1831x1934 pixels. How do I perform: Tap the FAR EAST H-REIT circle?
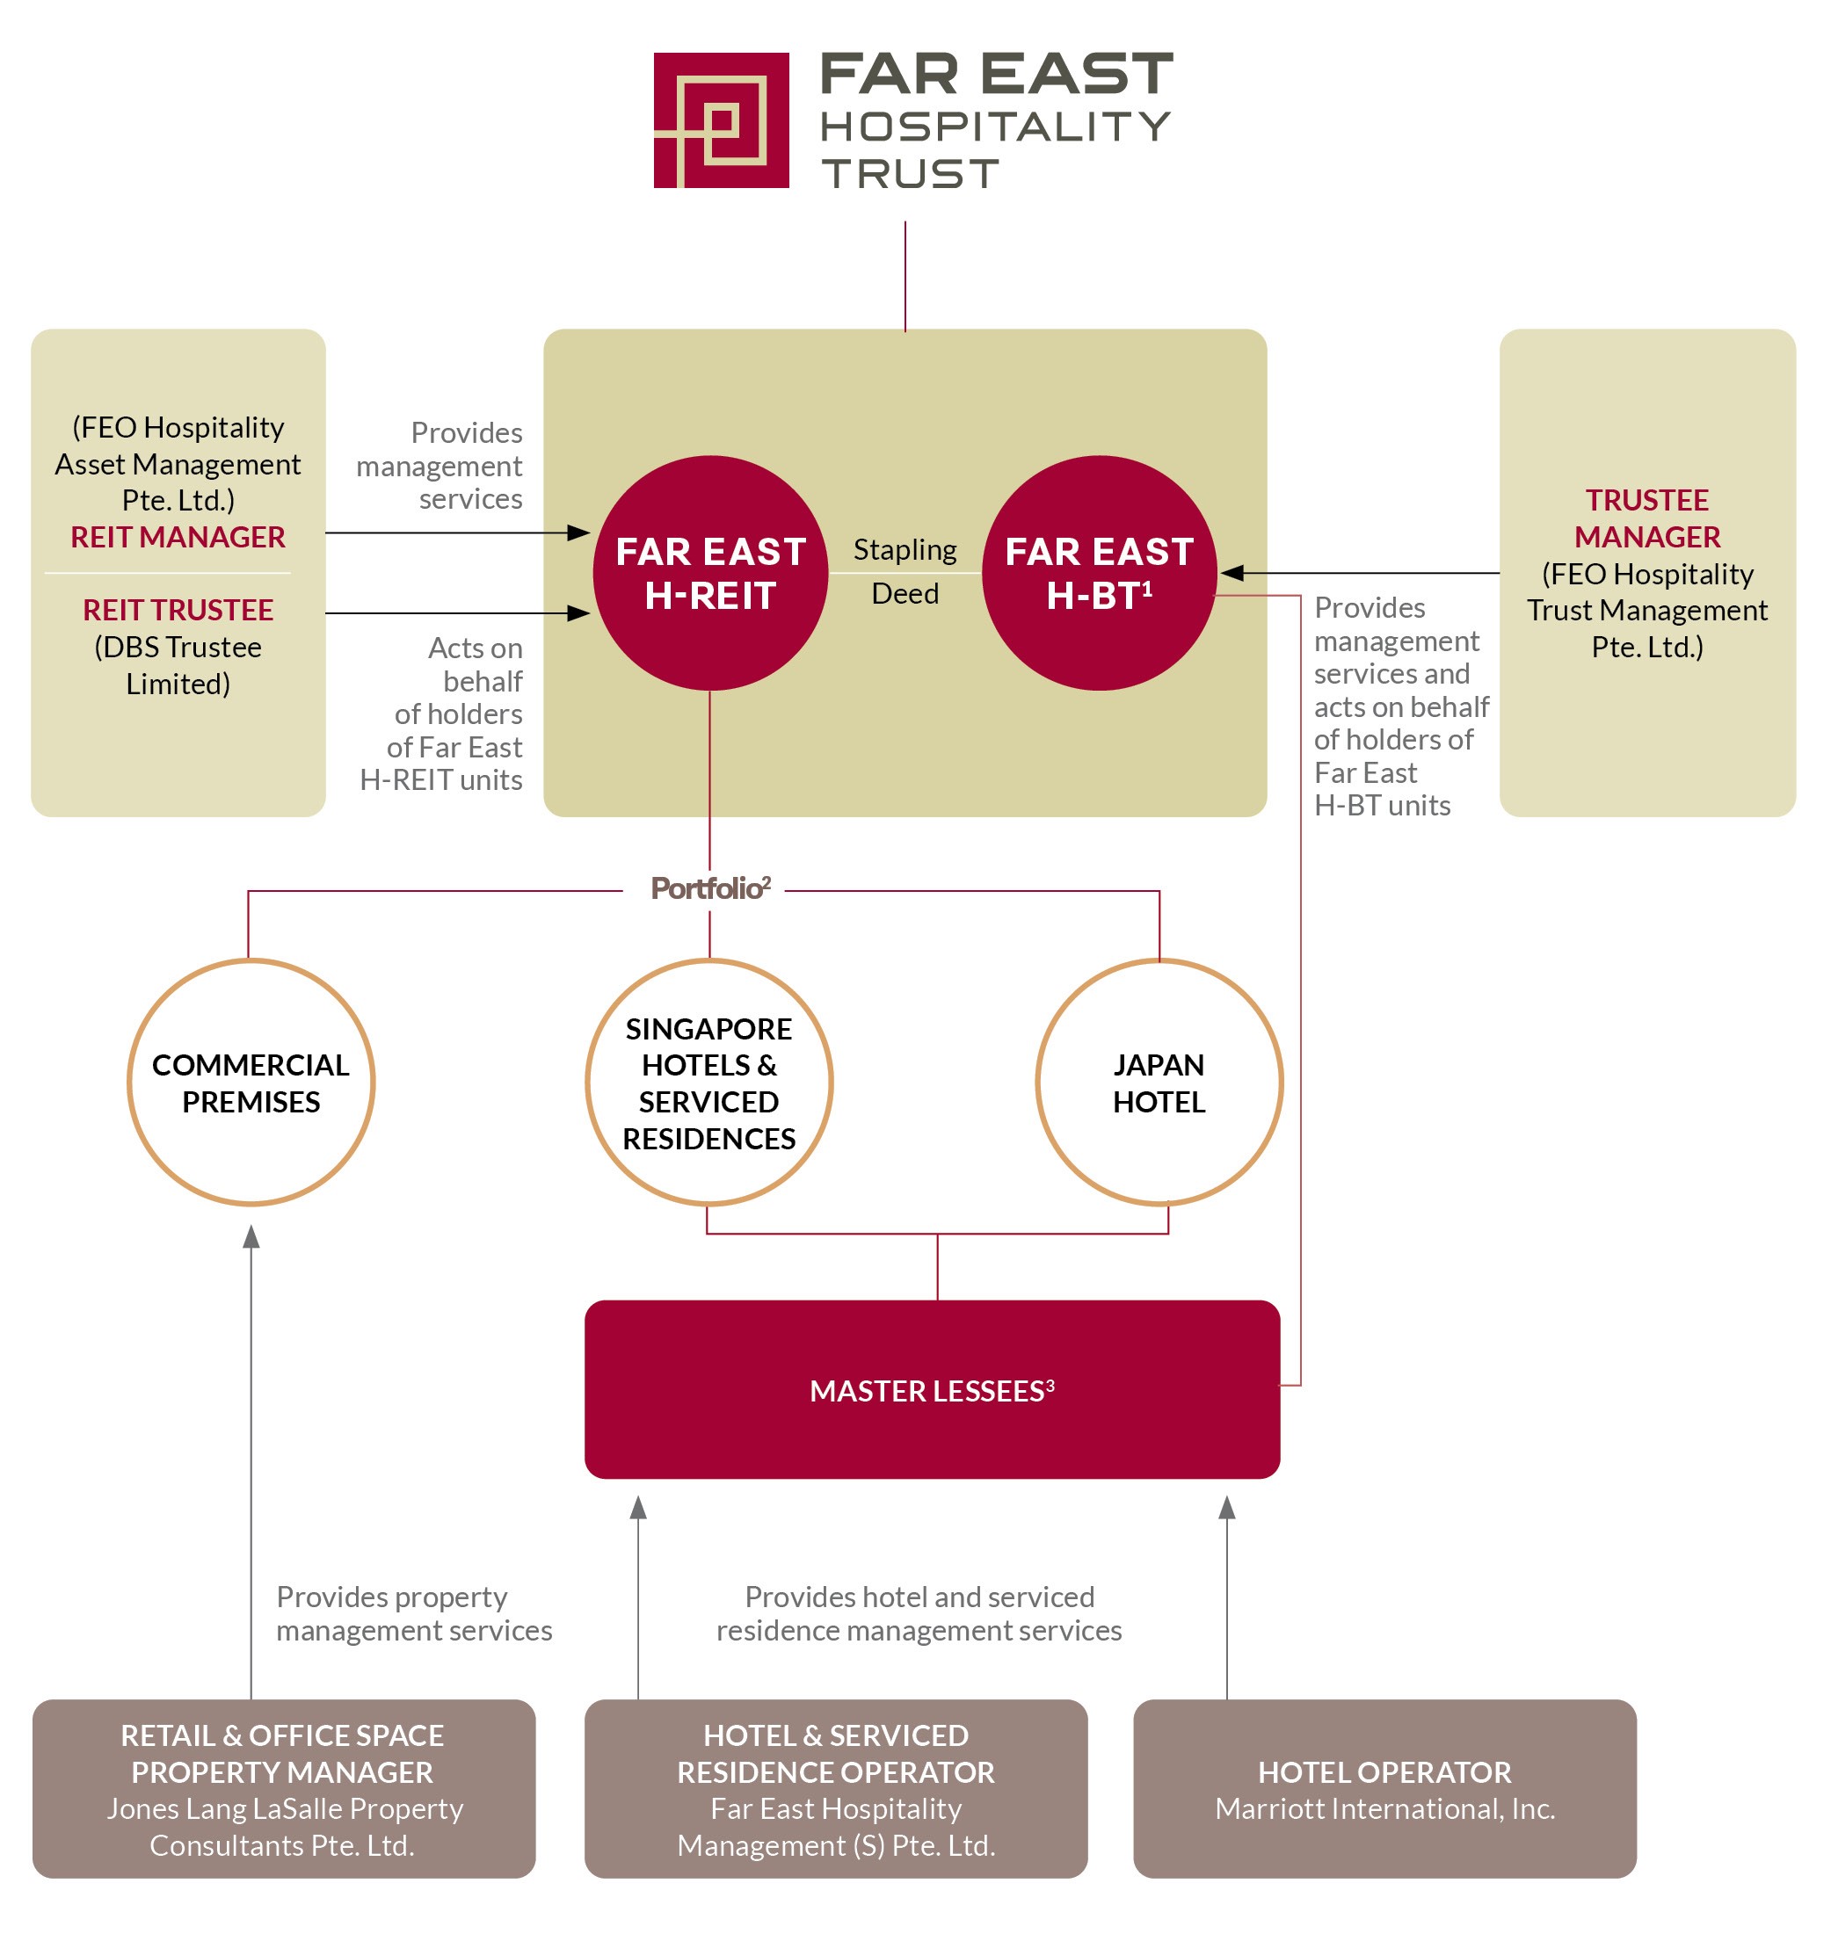click(x=709, y=573)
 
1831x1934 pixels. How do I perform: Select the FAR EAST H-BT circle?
click(x=1099, y=573)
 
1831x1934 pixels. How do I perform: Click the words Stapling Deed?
click(x=905, y=571)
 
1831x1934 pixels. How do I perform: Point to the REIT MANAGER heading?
click(x=178, y=537)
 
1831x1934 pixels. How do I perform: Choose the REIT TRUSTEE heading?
click(x=178, y=610)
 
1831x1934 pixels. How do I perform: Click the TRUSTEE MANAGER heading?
click(x=1646, y=518)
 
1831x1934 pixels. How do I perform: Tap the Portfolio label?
click(x=709, y=888)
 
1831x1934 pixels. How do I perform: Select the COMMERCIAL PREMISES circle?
click(x=251, y=1083)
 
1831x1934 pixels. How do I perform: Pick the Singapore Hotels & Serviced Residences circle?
click(x=708, y=1083)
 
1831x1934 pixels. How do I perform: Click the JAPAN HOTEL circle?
click(x=1159, y=1083)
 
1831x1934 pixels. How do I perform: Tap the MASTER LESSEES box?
click(x=931, y=1389)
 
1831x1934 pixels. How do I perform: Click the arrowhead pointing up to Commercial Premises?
click(x=251, y=1236)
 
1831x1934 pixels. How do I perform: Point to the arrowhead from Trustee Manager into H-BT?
click(x=1232, y=573)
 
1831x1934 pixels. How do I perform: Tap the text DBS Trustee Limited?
click(x=178, y=664)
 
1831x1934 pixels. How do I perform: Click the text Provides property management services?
click(x=413, y=1613)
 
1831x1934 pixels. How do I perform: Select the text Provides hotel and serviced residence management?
click(x=919, y=1613)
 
